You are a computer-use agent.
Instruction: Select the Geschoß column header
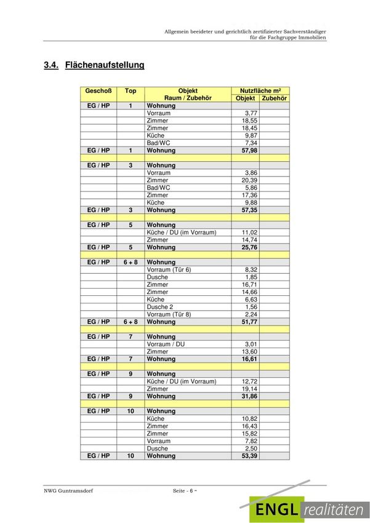point(98,90)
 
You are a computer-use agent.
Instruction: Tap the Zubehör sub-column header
point(273,98)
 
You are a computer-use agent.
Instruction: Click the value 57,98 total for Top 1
point(249,150)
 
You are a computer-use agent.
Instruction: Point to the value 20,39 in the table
point(249,180)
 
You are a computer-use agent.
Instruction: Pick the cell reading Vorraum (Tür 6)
point(169,269)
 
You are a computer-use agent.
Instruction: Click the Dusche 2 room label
point(160,307)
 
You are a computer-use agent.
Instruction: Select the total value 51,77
point(249,322)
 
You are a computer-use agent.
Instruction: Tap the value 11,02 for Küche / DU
point(249,233)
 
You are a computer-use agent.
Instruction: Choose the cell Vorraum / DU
point(166,344)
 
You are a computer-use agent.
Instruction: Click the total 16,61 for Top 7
point(249,359)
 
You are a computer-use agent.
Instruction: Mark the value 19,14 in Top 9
point(249,389)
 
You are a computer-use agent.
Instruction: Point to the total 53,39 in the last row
point(249,456)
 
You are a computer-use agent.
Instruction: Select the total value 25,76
point(249,247)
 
